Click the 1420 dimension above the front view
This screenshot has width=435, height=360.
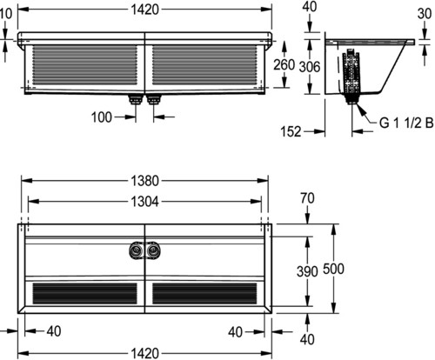pyautogui.click(x=144, y=10)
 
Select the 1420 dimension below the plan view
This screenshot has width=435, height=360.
pyautogui.click(x=144, y=354)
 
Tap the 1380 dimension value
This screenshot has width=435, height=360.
pyautogui.click(x=144, y=181)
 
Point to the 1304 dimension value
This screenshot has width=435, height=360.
pyautogui.click(x=144, y=202)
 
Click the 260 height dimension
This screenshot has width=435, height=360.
pyautogui.click(x=284, y=64)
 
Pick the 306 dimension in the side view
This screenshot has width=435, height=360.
pyautogui.click(x=310, y=67)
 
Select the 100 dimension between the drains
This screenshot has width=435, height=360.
pyautogui.click(x=102, y=117)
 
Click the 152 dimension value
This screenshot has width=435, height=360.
pyautogui.click(x=291, y=131)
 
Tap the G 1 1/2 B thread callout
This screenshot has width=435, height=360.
pyautogui.click(x=406, y=123)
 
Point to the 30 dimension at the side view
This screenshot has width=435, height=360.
pyautogui.click(x=425, y=14)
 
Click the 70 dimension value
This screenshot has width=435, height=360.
pyautogui.click(x=307, y=198)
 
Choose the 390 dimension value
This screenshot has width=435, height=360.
pyautogui.click(x=307, y=271)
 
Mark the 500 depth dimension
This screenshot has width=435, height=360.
pyautogui.click(x=333, y=269)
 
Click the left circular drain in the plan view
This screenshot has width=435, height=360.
pyautogui.click(x=137, y=250)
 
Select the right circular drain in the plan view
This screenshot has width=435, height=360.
pyautogui.click(x=153, y=250)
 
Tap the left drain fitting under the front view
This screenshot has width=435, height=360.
pyautogui.click(x=136, y=99)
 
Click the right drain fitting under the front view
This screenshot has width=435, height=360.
pyautogui.click(x=153, y=99)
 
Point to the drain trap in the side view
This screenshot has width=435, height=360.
pyautogui.click(x=351, y=77)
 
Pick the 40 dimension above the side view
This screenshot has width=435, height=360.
pyautogui.click(x=310, y=7)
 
